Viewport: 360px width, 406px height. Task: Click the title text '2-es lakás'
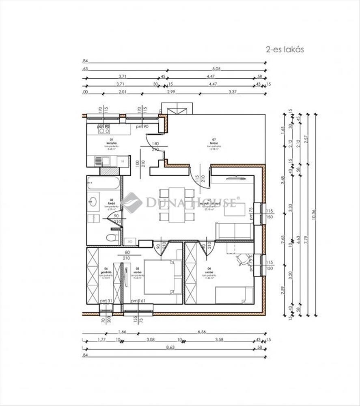coord(285,50)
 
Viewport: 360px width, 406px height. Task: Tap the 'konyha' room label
coord(109,143)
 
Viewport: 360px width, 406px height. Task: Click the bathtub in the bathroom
coord(103,183)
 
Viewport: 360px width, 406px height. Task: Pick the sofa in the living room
coord(234,231)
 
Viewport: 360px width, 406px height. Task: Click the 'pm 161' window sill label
coord(138,301)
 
